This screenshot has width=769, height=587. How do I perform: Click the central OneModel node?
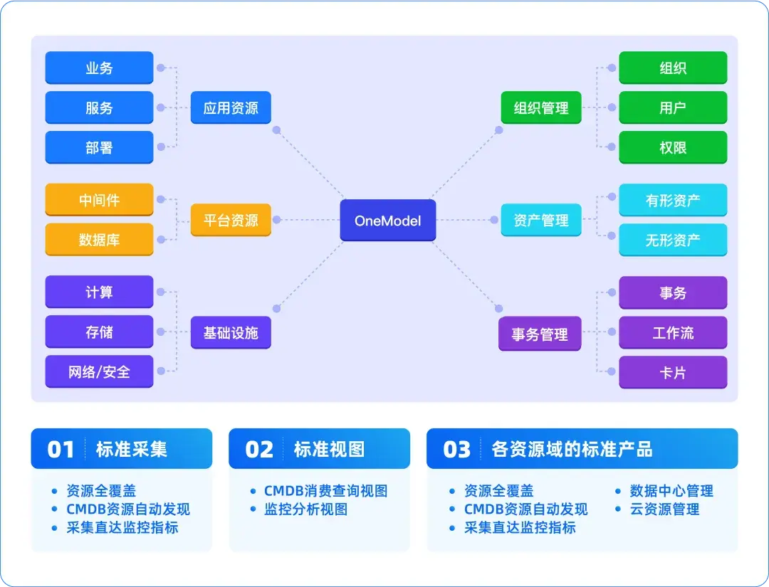point(388,221)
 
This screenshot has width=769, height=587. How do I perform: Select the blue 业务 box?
point(99,68)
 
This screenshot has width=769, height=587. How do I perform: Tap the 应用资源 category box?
point(231,108)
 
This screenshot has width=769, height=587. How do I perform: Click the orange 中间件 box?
point(99,200)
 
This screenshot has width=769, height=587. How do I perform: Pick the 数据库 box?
point(99,240)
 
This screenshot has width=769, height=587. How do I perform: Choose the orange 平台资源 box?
point(231,220)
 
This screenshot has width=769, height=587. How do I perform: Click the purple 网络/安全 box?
point(99,371)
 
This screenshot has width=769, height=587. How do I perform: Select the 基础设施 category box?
point(231,332)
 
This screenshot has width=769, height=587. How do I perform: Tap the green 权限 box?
point(673,147)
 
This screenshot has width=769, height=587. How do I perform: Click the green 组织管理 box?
point(541,108)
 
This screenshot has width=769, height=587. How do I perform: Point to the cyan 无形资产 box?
point(673,240)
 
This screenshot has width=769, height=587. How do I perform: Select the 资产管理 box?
point(541,220)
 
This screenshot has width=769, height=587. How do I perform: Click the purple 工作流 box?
point(673,332)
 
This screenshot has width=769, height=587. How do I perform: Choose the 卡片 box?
point(673,372)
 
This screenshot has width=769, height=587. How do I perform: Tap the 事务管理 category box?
point(540,334)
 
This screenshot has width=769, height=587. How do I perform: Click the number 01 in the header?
point(61,450)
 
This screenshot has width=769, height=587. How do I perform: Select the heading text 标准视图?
point(329,449)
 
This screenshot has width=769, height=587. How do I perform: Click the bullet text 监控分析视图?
point(306,509)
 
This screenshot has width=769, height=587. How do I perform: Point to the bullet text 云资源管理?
point(664,509)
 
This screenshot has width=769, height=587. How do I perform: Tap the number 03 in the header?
point(456,450)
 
